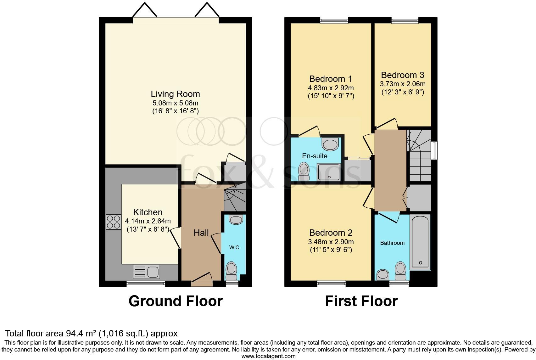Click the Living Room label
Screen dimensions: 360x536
[175, 94]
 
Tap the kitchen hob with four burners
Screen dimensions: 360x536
[114, 222]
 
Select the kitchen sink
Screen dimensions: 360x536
[147, 272]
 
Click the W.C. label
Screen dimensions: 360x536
[235, 247]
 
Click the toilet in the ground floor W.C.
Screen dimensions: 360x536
[232, 270]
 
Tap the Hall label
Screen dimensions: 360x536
[201, 233]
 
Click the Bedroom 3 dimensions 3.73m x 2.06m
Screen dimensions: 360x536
[403, 84]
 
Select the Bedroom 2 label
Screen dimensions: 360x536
[331, 233]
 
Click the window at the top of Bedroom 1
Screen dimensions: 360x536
[334, 20]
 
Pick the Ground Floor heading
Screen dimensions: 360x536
[176, 301]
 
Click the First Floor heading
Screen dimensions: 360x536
[361, 301]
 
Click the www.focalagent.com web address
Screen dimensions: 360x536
[268, 356]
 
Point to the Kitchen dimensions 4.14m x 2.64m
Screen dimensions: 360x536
[148, 221]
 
